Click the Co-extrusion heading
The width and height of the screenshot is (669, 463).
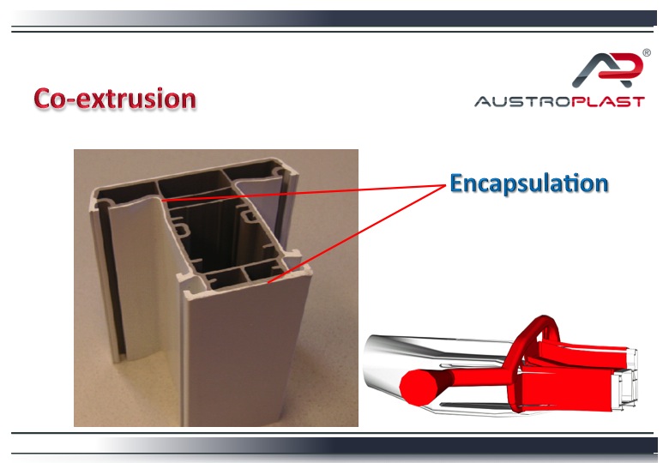pos(115,99)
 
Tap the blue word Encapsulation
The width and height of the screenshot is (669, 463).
pos(529,183)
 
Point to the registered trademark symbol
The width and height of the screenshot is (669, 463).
pos(647,53)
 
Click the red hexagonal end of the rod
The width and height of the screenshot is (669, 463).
pos(418,387)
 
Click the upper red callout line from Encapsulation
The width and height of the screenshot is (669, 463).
pos(304,192)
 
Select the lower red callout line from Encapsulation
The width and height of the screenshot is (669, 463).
pos(357,234)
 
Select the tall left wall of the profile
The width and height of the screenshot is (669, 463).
pos(105,277)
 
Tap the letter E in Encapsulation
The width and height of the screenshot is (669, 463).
pos(456,183)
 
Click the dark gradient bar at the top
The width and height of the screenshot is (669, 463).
pos(334,18)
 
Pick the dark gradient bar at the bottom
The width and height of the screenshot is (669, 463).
pos(334,446)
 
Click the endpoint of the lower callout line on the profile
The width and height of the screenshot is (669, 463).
pos(268,283)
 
